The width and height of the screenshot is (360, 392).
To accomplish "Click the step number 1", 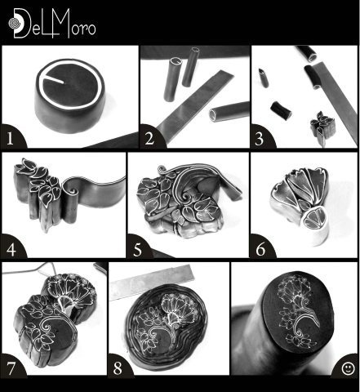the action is tap(10, 138).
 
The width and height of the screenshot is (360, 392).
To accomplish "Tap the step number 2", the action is tap(149, 138).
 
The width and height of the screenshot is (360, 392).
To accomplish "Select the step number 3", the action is tap(260, 138).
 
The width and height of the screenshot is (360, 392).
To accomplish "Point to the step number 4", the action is tap(11, 249).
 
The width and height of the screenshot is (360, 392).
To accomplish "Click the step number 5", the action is tap(138, 249).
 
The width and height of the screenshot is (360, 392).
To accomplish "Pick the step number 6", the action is tap(260, 249).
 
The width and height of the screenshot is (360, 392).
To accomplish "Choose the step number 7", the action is tap(11, 368).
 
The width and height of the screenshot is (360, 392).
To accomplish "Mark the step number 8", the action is tap(118, 368).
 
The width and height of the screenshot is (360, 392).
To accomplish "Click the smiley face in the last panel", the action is tap(348, 368).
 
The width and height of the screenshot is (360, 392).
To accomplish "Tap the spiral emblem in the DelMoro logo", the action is tap(14, 23).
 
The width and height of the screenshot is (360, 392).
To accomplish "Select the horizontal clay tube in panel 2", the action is tap(229, 111).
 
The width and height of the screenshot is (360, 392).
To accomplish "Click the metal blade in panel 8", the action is tap(152, 282).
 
